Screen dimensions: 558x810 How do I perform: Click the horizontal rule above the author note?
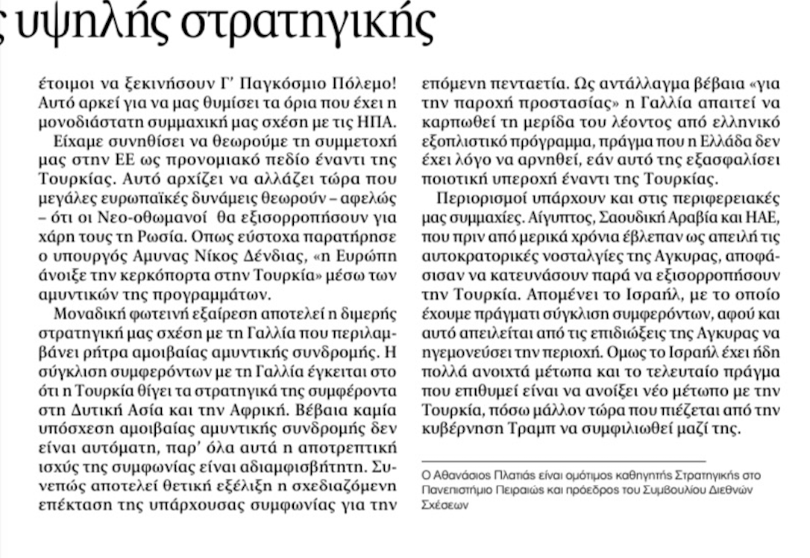564,462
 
